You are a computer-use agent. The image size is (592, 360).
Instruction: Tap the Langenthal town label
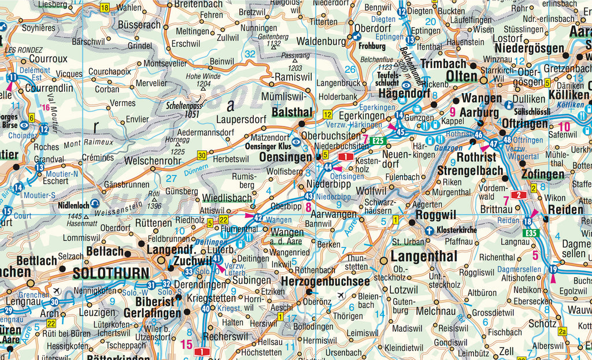point(424,256)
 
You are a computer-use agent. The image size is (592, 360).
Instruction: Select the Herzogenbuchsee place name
point(325,281)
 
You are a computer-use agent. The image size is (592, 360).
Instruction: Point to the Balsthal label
point(292,112)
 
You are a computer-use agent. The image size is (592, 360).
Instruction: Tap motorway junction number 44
point(328,166)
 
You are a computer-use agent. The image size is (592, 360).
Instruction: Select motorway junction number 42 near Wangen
point(258,218)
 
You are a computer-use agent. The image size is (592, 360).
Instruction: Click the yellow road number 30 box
point(202,155)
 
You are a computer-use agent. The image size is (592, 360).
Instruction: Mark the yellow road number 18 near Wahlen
point(104,8)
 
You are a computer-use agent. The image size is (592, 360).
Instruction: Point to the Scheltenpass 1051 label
point(183,110)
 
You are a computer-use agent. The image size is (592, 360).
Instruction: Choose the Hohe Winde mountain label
point(203,80)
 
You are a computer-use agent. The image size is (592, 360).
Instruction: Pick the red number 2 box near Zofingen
point(519,195)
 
